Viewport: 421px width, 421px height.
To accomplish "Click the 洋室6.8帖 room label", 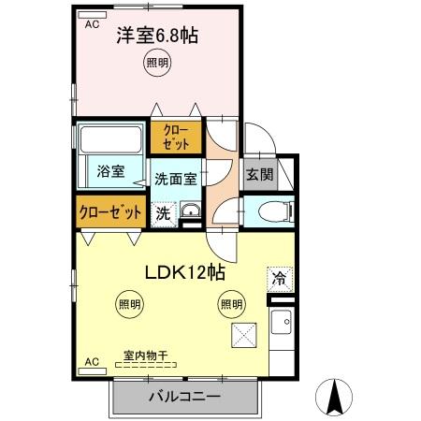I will click(x=157, y=37).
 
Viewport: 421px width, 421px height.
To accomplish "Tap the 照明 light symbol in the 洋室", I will click(x=157, y=64).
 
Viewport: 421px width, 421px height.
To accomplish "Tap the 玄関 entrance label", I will click(x=259, y=174).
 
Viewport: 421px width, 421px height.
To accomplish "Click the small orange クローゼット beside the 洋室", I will click(x=176, y=138).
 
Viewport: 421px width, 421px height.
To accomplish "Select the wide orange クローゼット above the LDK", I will click(x=110, y=212).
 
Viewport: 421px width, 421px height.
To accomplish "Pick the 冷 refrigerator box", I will click(x=278, y=277).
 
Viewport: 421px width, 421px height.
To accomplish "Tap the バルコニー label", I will click(x=184, y=398).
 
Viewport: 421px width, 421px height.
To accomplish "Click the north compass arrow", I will click(x=333, y=398).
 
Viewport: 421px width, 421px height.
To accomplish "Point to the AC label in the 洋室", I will click(x=92, y=25).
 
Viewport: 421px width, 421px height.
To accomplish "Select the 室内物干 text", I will click(x=145, y=356).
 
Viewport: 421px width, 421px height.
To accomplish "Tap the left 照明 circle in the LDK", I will click(x=130, y=303).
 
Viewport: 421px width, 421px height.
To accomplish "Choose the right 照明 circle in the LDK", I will click(x=230, y=303).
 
